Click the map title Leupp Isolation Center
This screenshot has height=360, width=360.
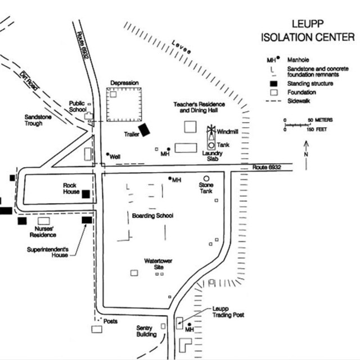coord(307,31)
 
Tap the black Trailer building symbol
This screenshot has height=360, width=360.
coord(145,130)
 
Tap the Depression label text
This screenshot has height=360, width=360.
coord(124,83)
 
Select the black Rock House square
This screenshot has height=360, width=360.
coord(86,194)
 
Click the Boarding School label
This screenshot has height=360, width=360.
coord(152,215)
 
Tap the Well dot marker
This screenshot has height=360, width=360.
coord(107,154)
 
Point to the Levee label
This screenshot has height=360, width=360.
coord(182,49)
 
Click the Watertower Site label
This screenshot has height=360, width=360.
coord(157,263)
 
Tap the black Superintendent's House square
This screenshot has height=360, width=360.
coord(87,220)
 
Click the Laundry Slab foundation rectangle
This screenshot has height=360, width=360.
coord(185,147)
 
